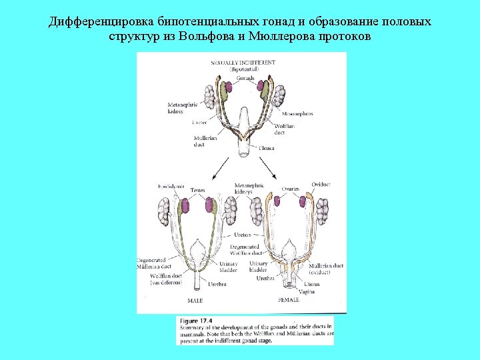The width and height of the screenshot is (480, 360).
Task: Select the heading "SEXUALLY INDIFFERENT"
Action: [243, 62]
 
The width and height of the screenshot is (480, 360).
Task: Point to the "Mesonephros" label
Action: [296, 113]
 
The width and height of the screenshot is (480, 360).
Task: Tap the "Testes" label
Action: [197, 190]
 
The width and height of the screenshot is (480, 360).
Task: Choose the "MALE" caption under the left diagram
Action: [195, 301]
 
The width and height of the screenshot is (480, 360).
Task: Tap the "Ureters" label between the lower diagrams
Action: [243, 235]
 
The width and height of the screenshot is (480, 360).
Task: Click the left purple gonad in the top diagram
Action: [227, 87]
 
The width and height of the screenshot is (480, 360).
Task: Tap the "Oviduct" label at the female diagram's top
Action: [321, 184]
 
